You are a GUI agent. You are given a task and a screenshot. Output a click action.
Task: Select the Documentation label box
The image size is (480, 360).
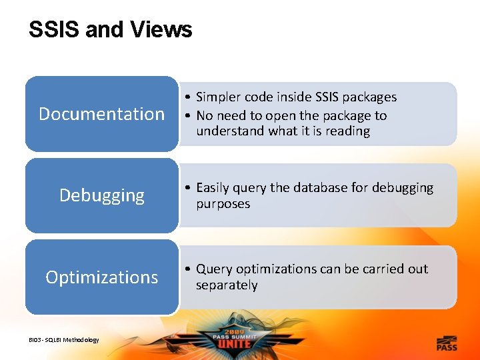(x=101, y=114)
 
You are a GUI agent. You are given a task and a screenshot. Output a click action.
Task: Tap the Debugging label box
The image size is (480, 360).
(x=101, y=195)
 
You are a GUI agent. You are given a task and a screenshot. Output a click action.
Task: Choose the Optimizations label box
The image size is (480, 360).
(x=101, y=277)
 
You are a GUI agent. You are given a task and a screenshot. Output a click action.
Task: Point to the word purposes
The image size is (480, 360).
(x=223, y=204)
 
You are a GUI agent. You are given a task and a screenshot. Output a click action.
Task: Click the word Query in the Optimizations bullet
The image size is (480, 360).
(x=214, y=269)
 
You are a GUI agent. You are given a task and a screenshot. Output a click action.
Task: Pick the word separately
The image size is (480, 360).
(x=226, y=285)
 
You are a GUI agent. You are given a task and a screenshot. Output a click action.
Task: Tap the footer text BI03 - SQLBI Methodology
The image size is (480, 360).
(x=63, y=340)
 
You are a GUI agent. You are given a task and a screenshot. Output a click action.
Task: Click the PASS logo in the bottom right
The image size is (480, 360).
(x=447, y=343)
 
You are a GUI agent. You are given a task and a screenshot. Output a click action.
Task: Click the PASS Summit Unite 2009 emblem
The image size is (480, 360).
(x=239, y=339)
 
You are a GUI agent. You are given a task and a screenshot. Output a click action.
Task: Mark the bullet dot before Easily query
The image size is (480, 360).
(x=189, y=189)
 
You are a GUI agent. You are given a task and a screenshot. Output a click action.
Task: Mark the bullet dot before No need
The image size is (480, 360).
(x=189, y=116)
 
